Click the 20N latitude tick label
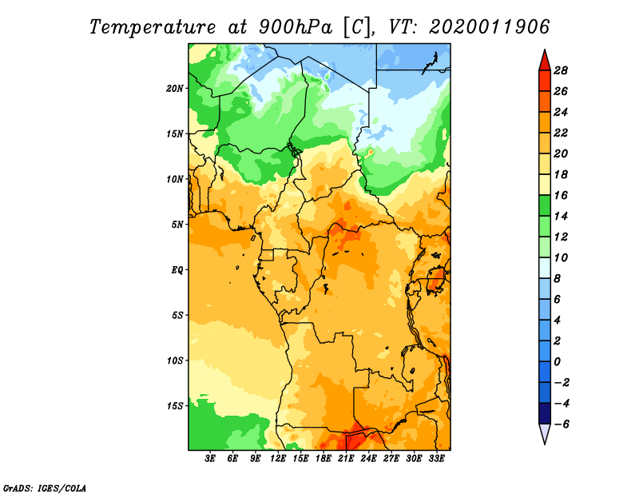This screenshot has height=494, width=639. tap(175, 89)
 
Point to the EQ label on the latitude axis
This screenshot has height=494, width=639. tap(177, 270)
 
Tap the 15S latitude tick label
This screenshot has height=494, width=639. tap(175, 406)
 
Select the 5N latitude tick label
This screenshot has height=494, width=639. tap(177, 225)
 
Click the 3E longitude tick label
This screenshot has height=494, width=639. tap(210, 458)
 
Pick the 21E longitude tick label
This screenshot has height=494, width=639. tap(346, 458)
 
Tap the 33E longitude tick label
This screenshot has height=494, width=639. tap(436, 458)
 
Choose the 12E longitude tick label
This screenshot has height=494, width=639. tap(277, 458)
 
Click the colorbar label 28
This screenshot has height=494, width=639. tap(561, 70)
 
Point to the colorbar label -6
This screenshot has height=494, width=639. tap(561, 424)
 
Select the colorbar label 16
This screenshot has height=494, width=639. tap(561, 195)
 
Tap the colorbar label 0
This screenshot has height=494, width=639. tap(557, 362)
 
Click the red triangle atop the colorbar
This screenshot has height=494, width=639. tap(545, 62)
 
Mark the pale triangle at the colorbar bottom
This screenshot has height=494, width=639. tap(545, 432)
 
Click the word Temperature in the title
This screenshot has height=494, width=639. tap(153, 27)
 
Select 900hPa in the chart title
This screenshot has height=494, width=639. tap(295, 27)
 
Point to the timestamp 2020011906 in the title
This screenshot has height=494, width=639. tap(490, 27)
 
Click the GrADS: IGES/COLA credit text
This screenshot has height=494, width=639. tap(45, 488)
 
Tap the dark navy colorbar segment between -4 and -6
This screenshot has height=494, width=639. tap(545, 413)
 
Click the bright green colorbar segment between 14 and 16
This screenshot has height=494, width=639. tap(545, 205)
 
